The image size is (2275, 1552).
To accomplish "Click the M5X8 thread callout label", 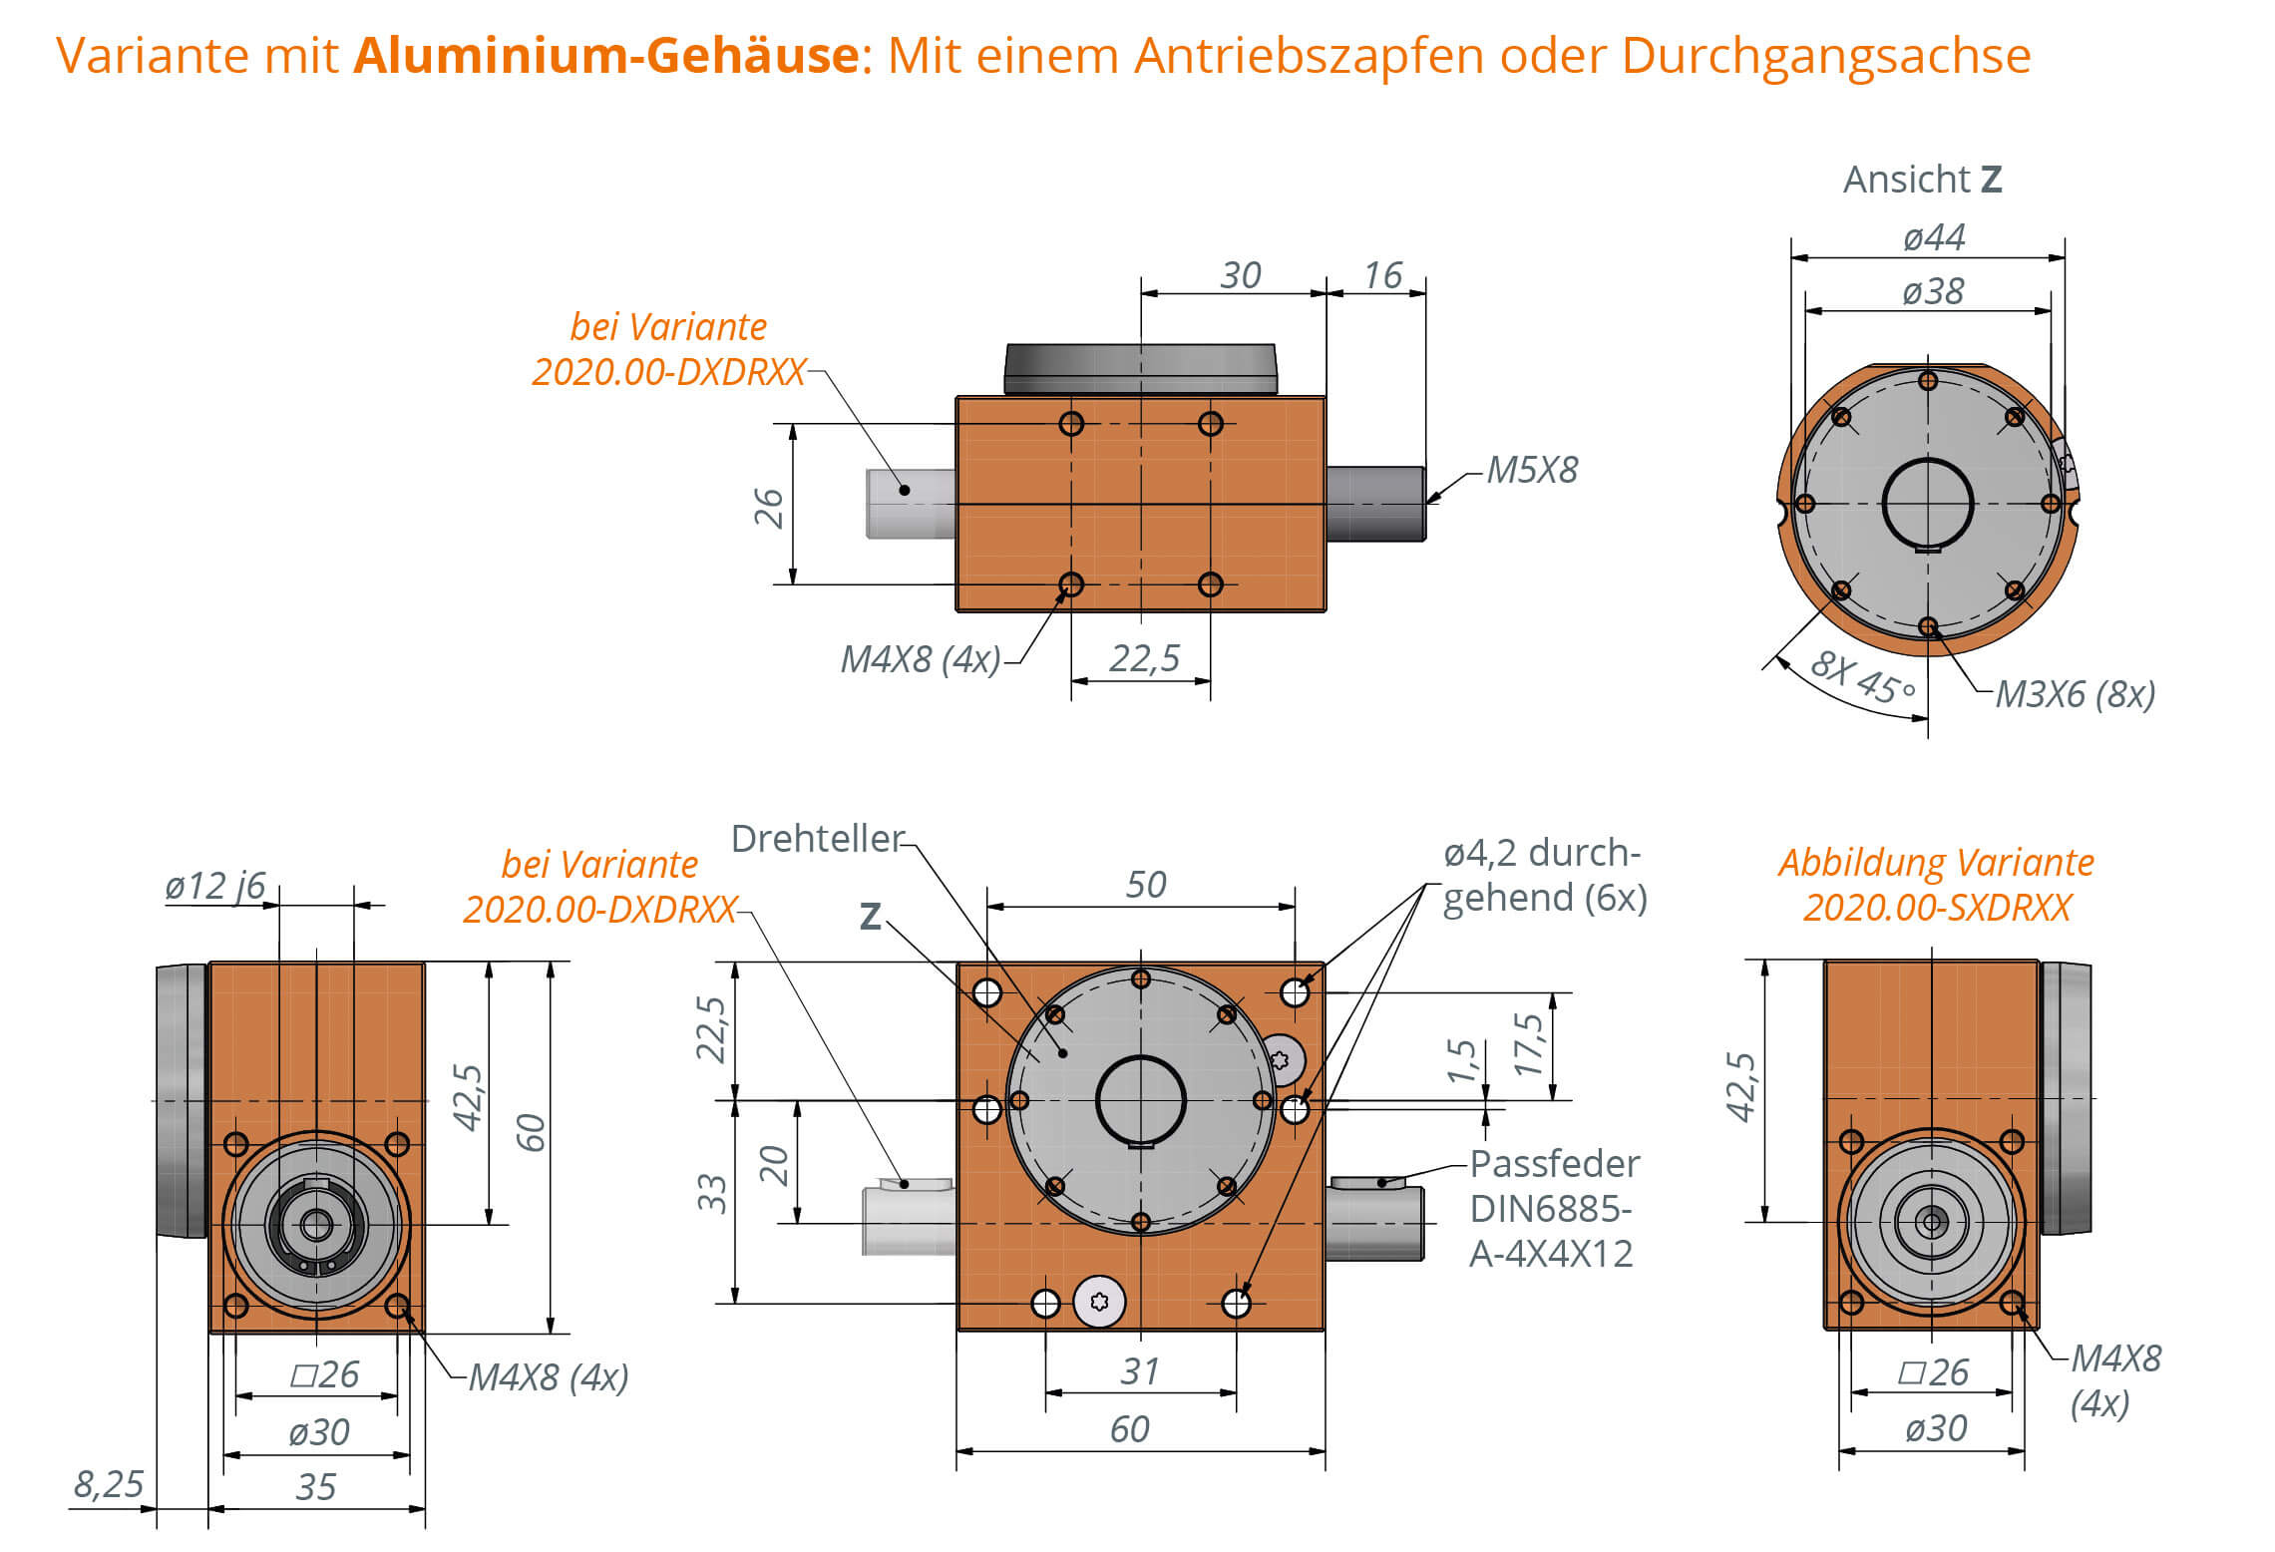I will (x=1532, y=470).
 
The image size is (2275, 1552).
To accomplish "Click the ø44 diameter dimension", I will (x=1933, y=238).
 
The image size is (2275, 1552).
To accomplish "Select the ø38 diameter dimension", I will (x=1932, y=292).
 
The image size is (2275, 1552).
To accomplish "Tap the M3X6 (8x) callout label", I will (x=2075, y=693).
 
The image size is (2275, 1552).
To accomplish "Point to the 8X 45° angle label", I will (x=1862, y=677).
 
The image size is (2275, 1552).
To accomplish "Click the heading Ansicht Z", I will (x=1921, y=180).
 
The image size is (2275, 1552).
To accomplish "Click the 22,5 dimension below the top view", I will (x=1143, y=658).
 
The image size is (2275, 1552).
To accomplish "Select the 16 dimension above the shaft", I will (x=1382, y=275).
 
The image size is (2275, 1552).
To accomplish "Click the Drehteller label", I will (x=817, y=839).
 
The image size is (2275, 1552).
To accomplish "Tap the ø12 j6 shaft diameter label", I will (x=214, y=886).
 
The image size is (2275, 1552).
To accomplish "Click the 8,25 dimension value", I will (x=109, y=1484).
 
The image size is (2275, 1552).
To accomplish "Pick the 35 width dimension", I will (x=315, y=1487).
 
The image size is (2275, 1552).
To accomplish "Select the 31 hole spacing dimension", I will (x=1139, y=1371).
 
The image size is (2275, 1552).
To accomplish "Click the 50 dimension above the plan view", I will (x=1145, y=885).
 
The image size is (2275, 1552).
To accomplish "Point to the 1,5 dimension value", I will (x=1461, y=1060).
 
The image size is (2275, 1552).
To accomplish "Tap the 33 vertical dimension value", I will (x=712, y=1193).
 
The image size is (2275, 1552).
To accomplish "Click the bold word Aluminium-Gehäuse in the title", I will (x=606, y=55).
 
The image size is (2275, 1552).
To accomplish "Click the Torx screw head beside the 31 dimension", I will (x=1099, y=1301).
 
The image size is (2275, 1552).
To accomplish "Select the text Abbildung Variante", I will (x=1935, y=863).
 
